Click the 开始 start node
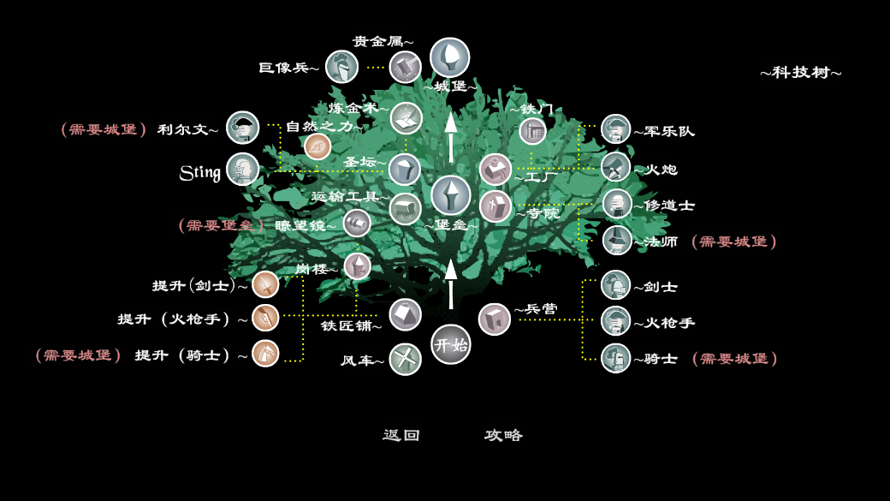click(450, 344)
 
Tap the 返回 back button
click(401, 435)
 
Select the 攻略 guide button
click(503, 435)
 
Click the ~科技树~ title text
click(800, 73)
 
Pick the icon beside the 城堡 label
click(449, 57)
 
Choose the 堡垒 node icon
click(450, 195)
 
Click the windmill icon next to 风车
click(405, 359)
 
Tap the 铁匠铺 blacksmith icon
click(405, 314)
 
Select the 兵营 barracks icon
click(494, 319)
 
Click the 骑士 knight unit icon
click(615, 358)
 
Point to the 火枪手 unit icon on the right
click(615, 321)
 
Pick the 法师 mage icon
click(616, 241)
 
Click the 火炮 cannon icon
click(615, 168)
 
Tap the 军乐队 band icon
click(615, 129)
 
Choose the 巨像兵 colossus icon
click(341, 67)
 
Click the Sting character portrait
click(243, 170)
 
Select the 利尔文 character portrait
click(243, 128)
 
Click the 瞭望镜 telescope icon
click(357, 224)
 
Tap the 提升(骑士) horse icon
click(265, 353)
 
